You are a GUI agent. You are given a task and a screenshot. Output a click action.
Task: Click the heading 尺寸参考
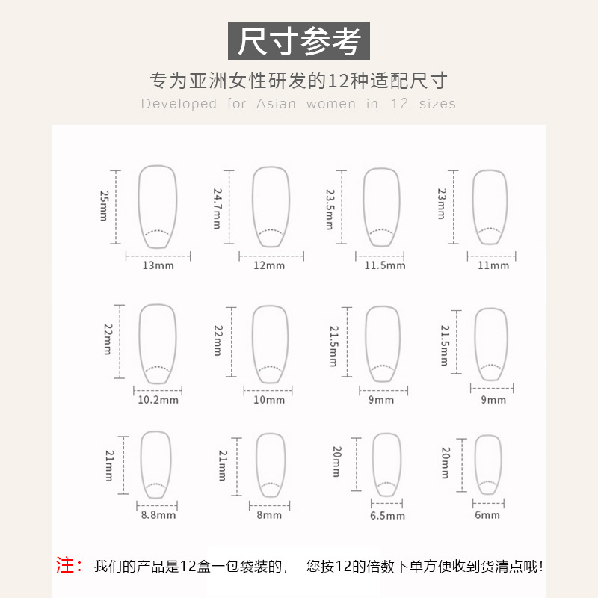coord(298,41)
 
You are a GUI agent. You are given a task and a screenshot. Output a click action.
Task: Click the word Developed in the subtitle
coord(179,104)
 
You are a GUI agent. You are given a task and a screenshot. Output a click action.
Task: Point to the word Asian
coord(277,104)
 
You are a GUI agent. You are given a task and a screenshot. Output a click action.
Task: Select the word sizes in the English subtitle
coord(437,104)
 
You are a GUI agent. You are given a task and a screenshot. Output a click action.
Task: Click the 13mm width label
coord(158,265)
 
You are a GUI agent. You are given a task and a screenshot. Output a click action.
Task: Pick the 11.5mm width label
coord(385,265)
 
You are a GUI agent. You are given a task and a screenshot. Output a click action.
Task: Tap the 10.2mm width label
coord(158,400)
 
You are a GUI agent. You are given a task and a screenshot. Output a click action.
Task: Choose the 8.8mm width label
coord(158,515)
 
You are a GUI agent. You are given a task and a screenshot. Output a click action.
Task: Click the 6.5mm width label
coord(386,516)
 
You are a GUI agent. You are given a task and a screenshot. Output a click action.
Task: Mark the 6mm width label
coord(487,515)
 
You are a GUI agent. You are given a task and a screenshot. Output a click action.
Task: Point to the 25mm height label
coord(105,205)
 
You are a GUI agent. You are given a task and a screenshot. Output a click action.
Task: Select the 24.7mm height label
coord(217,208)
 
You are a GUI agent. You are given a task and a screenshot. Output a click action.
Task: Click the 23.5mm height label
coord(330,209)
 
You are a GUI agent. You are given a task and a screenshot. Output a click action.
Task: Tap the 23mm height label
coord(441,203)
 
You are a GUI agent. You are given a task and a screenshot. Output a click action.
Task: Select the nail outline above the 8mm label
coord(270,464)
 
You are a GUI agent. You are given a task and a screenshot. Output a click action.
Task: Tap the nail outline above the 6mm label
coord(488,464)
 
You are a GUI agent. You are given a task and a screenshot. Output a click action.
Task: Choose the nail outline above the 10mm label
coord(270,344)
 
